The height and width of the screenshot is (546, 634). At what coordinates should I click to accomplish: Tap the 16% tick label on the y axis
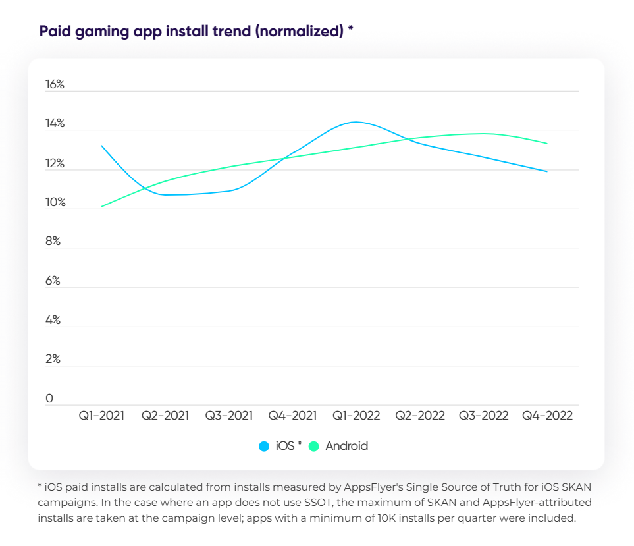(55, 85)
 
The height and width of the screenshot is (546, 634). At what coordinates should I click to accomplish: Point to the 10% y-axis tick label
(55, 202)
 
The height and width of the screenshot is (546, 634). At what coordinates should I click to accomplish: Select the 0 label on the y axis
(49, 398)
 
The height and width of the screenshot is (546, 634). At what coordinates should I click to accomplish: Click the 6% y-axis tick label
(53, 281)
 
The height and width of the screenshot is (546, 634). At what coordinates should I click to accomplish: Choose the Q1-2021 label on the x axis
(101, 416)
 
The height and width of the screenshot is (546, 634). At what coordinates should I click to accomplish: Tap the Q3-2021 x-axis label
(228, 416)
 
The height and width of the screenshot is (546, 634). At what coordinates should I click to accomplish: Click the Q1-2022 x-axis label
(356, 416)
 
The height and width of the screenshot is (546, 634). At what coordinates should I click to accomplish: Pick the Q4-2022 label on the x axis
(547, 416)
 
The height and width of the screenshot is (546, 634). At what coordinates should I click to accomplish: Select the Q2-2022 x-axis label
(419, 416)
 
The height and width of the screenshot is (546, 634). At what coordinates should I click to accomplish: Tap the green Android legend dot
(314, 446)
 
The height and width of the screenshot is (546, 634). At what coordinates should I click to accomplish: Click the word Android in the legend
(346, 446)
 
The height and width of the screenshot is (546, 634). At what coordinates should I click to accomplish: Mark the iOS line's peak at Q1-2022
(356, 122)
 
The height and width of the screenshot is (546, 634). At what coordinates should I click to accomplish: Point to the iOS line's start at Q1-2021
(101, 146)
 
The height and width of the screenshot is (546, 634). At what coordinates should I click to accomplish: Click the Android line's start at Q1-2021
(101, 206)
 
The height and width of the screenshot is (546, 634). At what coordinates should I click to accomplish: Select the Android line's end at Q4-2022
(547, 144)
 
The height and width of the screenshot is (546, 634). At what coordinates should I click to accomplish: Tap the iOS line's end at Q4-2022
(547, 171)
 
